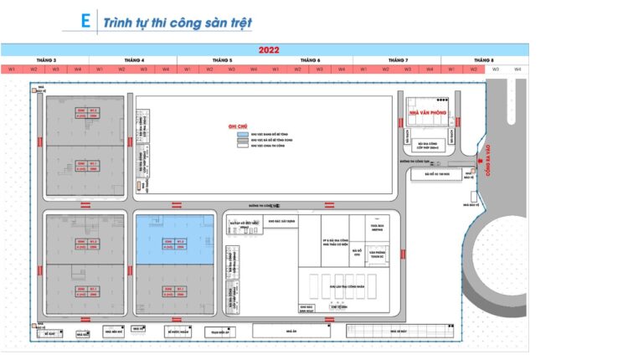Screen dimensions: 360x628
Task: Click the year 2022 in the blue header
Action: [268, 49]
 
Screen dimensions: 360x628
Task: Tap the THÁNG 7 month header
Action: [396, 60]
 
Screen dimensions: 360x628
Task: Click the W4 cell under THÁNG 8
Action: [517, 69]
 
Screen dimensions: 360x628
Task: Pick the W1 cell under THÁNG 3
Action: [13, 69]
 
